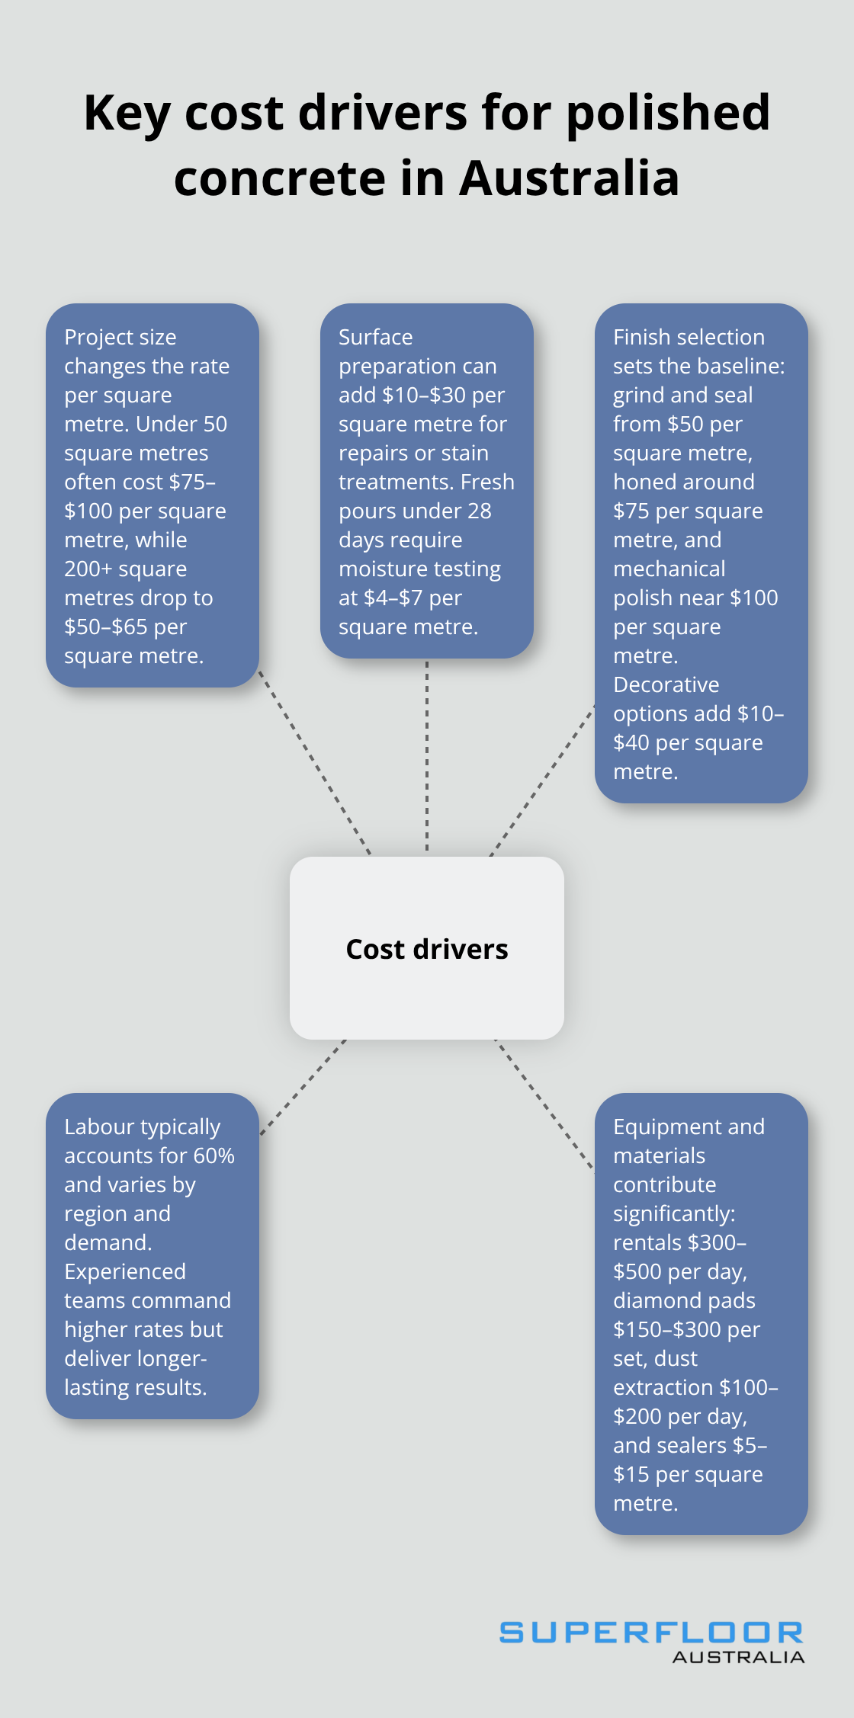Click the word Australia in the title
(x=569, y=178)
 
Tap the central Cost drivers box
(x=427, y=948)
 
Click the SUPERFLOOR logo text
(x=650, y=1632)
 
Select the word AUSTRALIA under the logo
(x=738, y=1657)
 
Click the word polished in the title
(x=668, y=113)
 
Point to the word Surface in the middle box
(x=375, y=337)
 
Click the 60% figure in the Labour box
(x=213, y=1155)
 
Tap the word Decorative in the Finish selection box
(x=666, y=684)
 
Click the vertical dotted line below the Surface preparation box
(x=427, y=755)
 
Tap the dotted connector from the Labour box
(x=303, y=1087)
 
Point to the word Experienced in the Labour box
(x=125, y=1271)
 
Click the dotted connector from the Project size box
(x=314, y=762)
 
